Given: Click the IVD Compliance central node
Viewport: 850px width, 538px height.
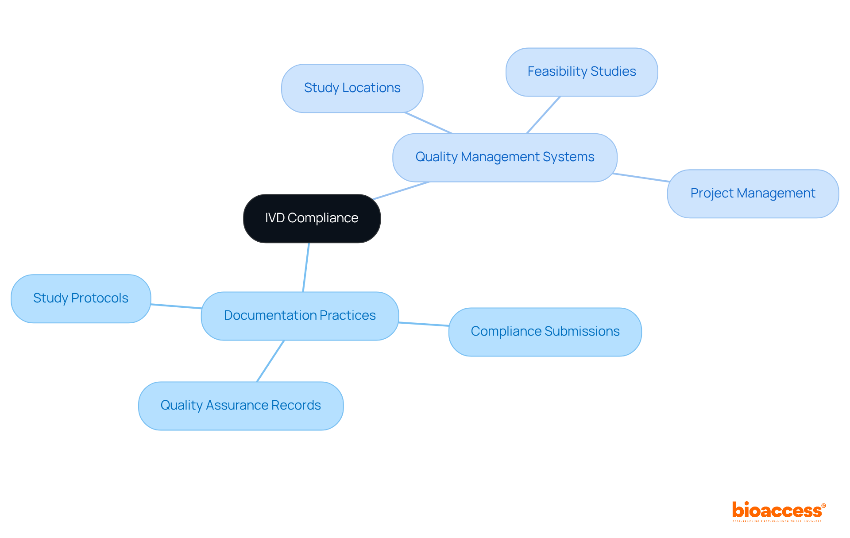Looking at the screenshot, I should tap(312, 218).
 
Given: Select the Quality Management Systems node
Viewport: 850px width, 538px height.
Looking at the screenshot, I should tap(505, 157).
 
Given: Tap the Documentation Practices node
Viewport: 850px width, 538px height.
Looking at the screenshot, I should tap(300, 316).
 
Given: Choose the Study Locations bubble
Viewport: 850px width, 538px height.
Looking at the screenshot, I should tap(352, 88).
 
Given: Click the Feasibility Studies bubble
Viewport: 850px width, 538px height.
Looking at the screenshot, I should tap(581, 72).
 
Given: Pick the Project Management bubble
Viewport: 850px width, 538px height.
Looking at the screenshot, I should tap(753, 194).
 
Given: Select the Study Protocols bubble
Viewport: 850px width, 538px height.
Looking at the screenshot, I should tap(81, 298).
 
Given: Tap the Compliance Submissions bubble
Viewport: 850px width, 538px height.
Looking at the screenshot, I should tap(545, 332).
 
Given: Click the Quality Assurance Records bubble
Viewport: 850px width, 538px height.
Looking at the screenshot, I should tap(240, 406).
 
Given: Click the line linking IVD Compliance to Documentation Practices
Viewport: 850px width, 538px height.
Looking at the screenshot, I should tap(306, 267).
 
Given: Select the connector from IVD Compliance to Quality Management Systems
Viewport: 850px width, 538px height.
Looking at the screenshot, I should tap(401, 190).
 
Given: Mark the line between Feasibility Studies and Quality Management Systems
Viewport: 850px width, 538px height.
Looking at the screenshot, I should tap(543, 115).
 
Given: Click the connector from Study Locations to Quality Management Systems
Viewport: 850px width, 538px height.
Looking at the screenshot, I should tap(428, 123).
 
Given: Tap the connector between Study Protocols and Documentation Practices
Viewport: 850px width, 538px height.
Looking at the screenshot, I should tap(176, 306).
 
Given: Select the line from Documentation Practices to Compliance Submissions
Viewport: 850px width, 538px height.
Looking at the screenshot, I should tap(424, 324).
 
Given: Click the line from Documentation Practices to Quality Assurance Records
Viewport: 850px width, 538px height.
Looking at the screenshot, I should tap(270, 361).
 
